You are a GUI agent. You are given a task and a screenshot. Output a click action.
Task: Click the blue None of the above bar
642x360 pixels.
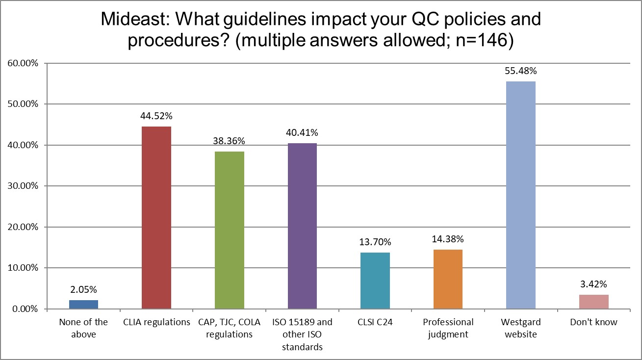pyautogui.click(x=83, y=305)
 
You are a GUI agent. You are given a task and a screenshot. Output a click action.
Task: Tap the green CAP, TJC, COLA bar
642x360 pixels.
pyautogui.click(x=229, y=231)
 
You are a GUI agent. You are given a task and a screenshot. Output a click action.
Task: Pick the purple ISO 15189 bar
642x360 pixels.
pyautogui.click(x=302, y=226)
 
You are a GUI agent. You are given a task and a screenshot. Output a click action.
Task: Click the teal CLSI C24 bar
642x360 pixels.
pyautogui.click(x=375, y=281)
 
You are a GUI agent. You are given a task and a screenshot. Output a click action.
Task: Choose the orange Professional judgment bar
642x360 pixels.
pyautogui.click(x=448, y=280)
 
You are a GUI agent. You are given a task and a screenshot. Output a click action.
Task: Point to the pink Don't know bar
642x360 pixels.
pyautogui.click(x=593, y=302)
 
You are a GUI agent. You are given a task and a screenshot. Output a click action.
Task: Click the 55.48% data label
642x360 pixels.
pyautogui.click(x=520, y=71)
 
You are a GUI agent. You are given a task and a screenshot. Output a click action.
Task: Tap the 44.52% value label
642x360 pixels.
pyautogui.click(x=156, y=116)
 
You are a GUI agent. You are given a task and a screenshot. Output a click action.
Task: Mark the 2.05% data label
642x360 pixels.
pyautogui.click(x=83, y=290)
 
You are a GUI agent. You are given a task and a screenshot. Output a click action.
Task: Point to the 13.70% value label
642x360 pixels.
pyautogui.click(x=375, y=242)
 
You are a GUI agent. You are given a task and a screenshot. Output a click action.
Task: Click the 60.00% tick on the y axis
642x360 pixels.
pyautogui.click(x=23, y=63)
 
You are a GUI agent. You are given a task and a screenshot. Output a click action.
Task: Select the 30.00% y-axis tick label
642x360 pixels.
pyautogui.click(x=23, y=186)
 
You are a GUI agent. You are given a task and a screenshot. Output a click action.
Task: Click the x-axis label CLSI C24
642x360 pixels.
pyautogui.click(x=375, y=323)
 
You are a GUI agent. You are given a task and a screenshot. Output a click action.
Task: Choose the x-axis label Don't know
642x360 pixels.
pyautogui.click(x=593, y=323)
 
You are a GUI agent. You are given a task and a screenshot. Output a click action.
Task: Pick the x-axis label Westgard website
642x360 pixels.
pyautogui.click(x=520, y=329)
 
